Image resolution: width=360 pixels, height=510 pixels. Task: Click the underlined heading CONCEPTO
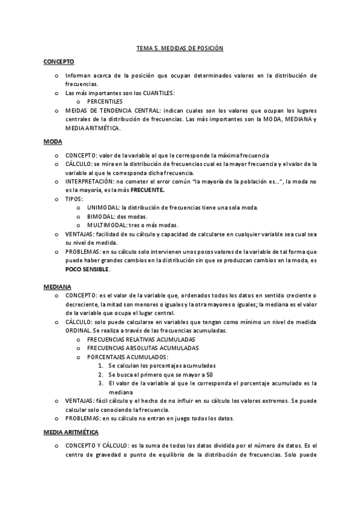(x=58, y=61)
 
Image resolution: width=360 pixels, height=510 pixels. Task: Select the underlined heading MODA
(x=52, y=141)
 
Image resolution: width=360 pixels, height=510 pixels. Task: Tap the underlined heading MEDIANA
(x=56, y=288)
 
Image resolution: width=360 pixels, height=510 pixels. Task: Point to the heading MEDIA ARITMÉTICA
(x=72, y=432)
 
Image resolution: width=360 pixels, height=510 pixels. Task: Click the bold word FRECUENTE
(x=147, y=189)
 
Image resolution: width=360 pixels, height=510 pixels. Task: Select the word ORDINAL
(x=79, y=330)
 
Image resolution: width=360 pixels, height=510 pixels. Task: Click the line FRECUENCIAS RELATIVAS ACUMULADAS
(x=136, y=339)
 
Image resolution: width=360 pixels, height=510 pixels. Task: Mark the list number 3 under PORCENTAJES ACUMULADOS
(x=100, y=383)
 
